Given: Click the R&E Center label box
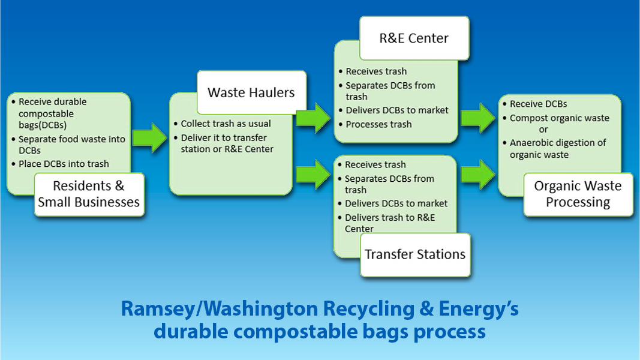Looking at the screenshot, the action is pos(414,38).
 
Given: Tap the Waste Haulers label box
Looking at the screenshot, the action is pos(251,92).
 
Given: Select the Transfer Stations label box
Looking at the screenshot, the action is pos(416,254).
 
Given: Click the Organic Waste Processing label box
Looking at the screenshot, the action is pos(578,194).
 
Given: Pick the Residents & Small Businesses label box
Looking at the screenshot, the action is pos(89,194).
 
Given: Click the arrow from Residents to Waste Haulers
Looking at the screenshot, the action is pos(150,138).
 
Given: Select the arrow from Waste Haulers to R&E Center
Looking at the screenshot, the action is pos(313,118).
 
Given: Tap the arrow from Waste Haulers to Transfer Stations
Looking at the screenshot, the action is pos(313,174).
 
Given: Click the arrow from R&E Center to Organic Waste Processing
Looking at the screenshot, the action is pos(478,118).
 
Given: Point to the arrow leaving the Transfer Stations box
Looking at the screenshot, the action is pos(478,174).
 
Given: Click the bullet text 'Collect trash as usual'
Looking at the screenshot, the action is pos(226,124).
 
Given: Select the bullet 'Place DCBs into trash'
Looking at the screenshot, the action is pos(64,164).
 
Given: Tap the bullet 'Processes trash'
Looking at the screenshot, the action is pos(378,124).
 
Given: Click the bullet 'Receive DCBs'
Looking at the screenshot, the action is pos(539,104).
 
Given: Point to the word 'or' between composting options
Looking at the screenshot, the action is pos(543,130).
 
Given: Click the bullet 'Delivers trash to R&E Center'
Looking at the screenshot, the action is pos(390,223).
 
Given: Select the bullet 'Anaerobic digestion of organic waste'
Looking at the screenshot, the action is pos(558,149).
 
